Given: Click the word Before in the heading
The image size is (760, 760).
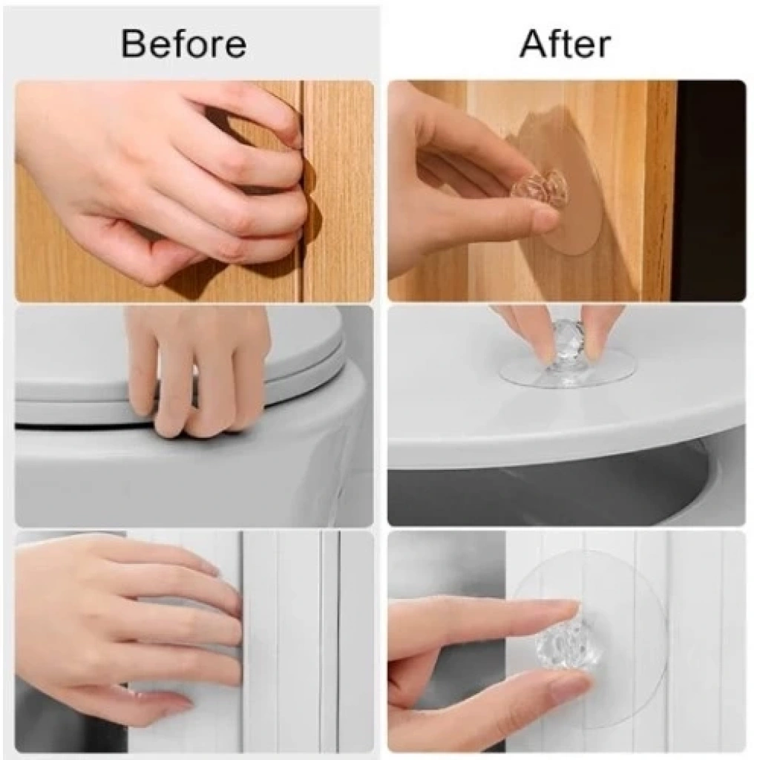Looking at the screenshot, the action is [184, 44].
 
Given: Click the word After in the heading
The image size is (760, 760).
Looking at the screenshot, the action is [565, 44].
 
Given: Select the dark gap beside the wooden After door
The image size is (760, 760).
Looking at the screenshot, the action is [710, 190].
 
